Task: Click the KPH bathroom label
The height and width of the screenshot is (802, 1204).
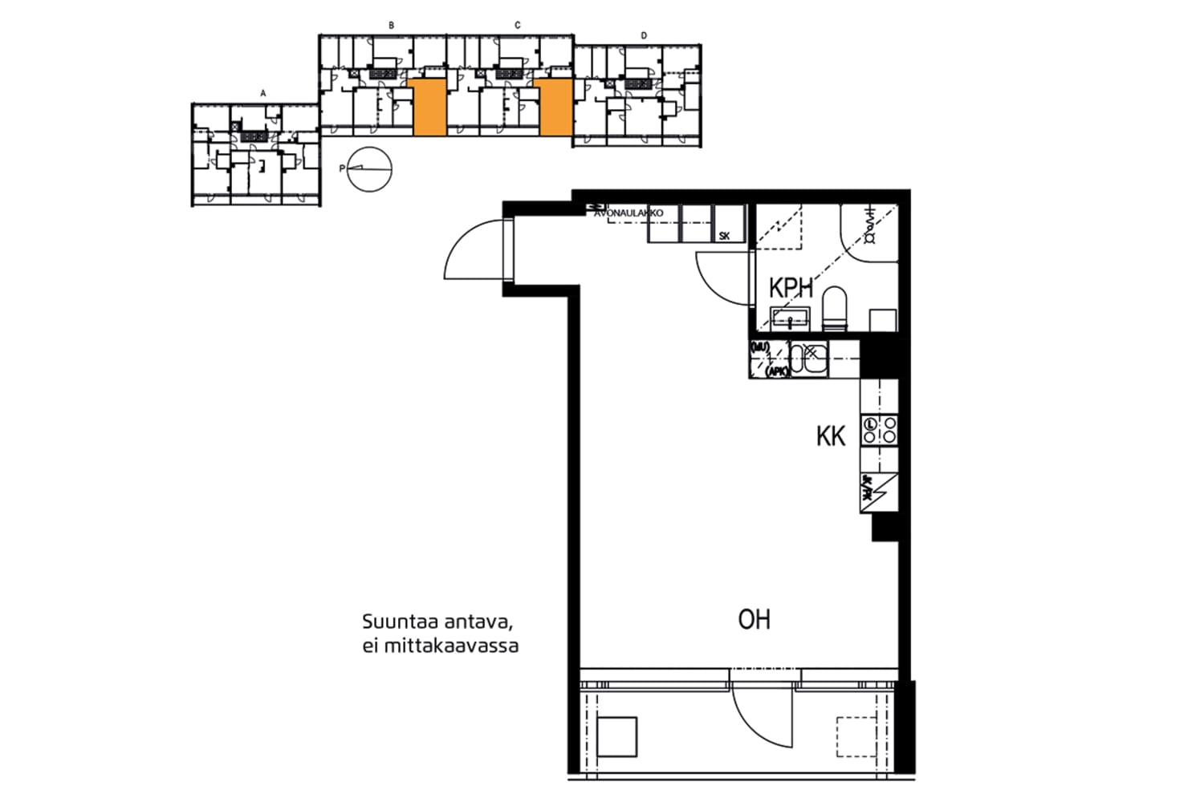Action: coord(791,288)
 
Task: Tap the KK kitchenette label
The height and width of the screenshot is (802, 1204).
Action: coord(831,436)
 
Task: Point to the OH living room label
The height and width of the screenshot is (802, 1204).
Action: coord(754,620)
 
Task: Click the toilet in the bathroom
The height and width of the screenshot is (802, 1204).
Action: coord(835,310)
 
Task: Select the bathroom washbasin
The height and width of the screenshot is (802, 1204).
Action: coord(791,318)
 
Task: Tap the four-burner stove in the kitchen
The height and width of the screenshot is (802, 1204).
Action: coord(879,430)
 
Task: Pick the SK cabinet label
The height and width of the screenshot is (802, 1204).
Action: coord(725,237)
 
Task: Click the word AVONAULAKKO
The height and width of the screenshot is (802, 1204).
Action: coord(628,214)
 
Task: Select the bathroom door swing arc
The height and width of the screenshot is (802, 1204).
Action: coord(722,277)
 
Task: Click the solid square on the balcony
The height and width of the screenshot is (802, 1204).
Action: coord(617,737)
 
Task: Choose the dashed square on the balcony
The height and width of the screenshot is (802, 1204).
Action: coord(856,736)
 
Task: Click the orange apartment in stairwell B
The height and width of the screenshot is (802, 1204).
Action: coord(429,107)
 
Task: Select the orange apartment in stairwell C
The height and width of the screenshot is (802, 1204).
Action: coord(555,107)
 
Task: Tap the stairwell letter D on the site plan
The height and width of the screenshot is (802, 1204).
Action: coord(644,36)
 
